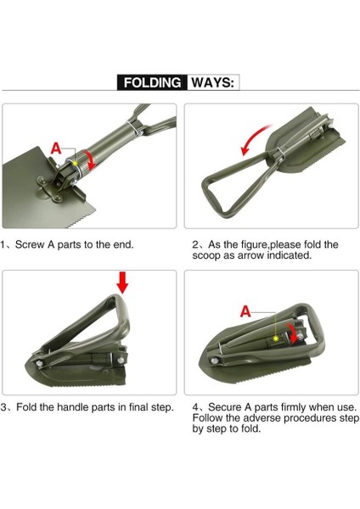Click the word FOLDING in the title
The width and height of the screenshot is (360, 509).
point(152,82)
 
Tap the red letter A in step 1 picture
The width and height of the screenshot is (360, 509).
point(56,148)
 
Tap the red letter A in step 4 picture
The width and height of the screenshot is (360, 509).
point(245,311)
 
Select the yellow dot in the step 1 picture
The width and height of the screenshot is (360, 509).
point(75,163)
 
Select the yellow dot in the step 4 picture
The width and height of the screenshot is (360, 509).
point(276,338)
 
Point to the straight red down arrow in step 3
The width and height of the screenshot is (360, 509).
point(122,282)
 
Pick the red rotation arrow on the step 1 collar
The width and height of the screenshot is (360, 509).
point(90,159)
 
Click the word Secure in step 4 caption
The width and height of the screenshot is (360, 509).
point(224,406)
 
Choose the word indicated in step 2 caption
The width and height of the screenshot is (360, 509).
point(290,255)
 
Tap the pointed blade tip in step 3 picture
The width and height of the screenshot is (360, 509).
point(26,364)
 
